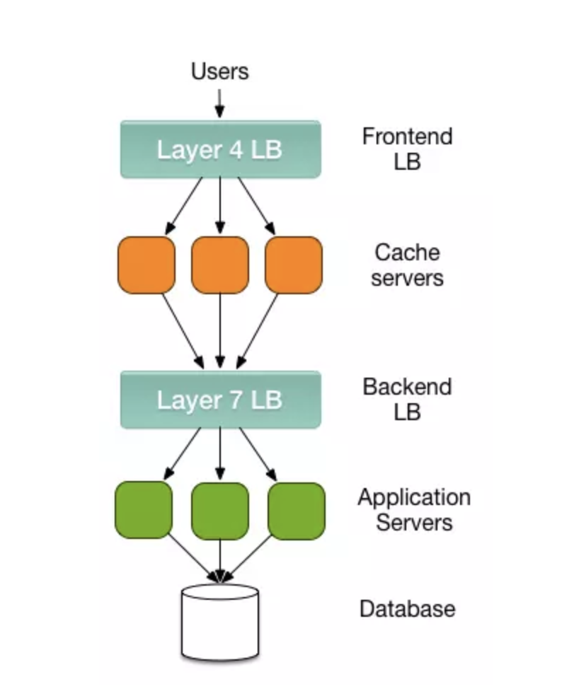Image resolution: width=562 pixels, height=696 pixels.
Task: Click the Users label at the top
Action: tap(219, 71)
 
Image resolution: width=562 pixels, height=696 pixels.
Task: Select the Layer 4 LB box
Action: tap(220, 149)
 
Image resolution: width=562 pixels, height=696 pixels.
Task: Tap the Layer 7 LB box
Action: tap(220, 400)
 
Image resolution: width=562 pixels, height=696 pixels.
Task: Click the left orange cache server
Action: tap(146, 265)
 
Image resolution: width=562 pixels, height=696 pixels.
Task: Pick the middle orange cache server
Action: tap(220, 265)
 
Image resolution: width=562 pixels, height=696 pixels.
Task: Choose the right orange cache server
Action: tap(294, 265)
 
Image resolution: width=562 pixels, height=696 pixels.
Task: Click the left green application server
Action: tap(143, 510)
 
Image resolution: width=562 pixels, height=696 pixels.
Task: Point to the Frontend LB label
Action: tap(407, 149)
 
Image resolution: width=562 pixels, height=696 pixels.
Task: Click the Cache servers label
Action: tap(407, 265)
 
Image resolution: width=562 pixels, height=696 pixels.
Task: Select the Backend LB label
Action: tap(407, 400)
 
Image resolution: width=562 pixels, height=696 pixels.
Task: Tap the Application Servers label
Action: tap(414, 510)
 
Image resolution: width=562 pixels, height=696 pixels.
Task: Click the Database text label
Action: tap(407, 609)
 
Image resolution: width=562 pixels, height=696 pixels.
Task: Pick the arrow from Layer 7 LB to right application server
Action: tap(258, 454)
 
